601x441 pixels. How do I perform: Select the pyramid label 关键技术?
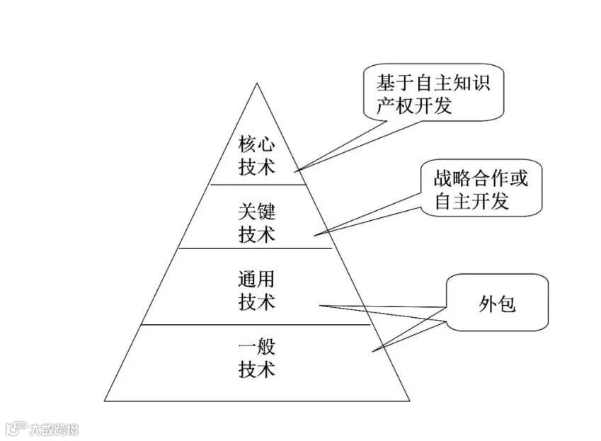256,223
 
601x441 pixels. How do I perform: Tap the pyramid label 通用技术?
256,290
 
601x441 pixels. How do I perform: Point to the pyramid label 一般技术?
256,358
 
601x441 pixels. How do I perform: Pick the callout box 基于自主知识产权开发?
433,94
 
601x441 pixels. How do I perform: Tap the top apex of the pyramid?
257,84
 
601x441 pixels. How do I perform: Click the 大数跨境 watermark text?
53,429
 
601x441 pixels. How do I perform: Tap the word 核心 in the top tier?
256,144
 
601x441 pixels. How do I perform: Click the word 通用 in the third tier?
256,279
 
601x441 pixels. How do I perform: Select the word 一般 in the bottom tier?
256,347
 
